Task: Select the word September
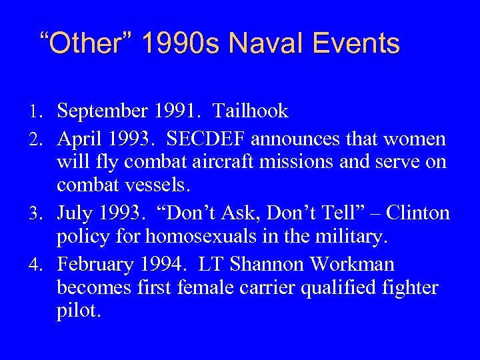(101, 111)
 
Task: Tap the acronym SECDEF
(210, 139)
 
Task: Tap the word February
(96, 265)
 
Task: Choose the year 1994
(159, 265)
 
